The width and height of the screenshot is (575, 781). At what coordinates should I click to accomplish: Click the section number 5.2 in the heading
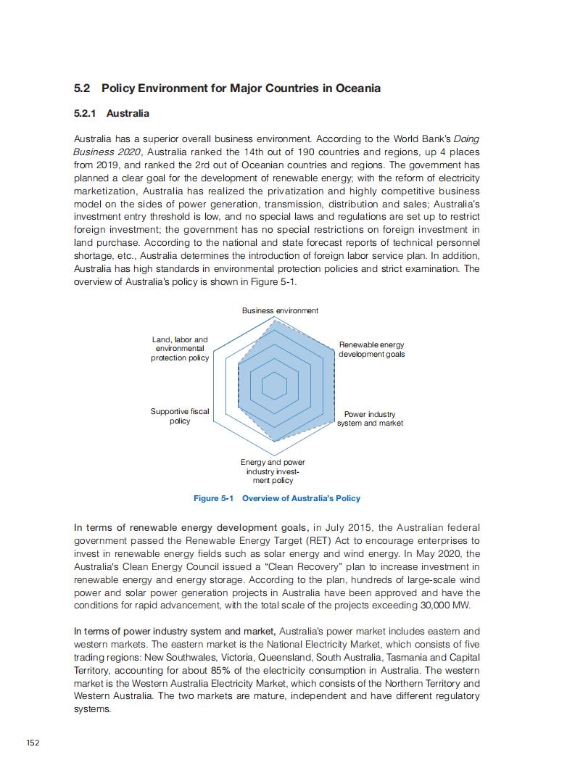[81, 88]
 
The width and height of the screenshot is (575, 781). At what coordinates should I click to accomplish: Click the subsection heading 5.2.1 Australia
[112, 113]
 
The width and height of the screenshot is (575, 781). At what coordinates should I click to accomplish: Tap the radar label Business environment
[280, 310]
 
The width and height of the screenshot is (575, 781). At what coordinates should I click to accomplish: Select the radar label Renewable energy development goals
[372, 350]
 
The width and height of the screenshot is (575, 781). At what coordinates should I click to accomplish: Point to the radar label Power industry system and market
[370, 419]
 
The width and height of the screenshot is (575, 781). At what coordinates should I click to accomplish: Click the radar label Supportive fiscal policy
[180, 416]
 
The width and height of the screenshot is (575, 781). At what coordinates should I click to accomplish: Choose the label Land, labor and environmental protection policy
[180, 349]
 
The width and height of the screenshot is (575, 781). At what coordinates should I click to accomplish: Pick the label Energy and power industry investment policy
[273, 471]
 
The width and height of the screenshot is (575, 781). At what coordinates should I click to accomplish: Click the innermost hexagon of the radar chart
[274, 386]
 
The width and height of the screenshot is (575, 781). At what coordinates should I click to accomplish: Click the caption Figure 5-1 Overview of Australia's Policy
[277, 498]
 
